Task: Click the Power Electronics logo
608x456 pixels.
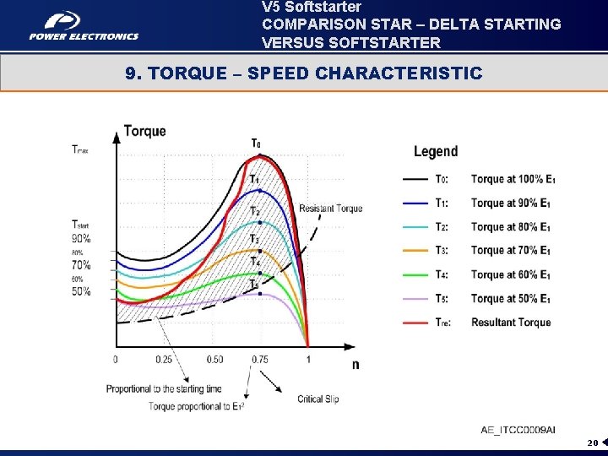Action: click(83, 25)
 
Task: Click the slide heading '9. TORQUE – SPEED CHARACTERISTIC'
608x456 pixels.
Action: click(303, 73)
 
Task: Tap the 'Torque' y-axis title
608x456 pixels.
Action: click(144, 131)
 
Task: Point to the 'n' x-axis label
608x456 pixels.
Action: click(355, 365)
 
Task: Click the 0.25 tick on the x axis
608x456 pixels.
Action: click(164, 359)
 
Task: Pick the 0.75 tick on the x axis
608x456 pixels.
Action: click(260, 359)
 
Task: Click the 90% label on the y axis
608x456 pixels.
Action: click(81, 239)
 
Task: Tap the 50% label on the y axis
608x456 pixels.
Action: click(81, 291)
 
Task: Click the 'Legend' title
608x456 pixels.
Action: click(436, 152)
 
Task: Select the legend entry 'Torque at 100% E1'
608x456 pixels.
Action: click(513, 179)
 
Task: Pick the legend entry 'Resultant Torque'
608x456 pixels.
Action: click(510, 323)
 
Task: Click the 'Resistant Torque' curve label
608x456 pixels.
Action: click(330, 209)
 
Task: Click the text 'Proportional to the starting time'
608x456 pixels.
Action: click(164, 388)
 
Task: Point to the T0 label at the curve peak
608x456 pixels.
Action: click(255, 143)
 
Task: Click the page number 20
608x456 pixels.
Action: click(592, 442)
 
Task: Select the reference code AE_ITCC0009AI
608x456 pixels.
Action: click(518, 430)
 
